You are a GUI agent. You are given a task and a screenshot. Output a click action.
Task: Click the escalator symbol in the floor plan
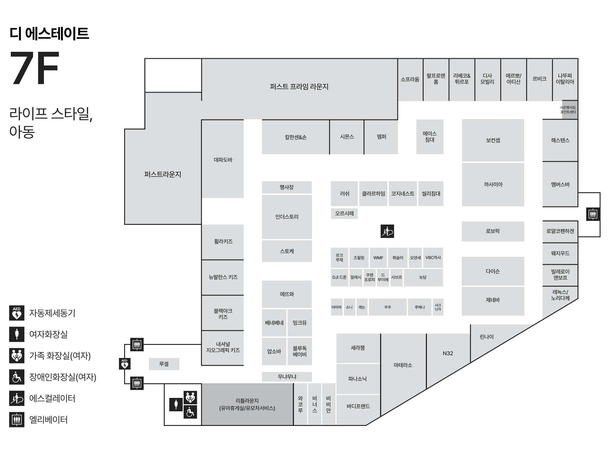(387, 231)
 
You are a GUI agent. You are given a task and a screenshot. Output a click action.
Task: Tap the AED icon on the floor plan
(124, 363)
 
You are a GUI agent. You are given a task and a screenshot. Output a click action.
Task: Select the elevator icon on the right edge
(593, 214)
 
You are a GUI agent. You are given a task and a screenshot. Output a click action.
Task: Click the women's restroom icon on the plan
(176, 404)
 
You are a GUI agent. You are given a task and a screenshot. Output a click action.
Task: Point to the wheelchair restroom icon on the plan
(190, 412)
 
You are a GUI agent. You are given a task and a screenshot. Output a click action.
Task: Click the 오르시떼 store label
(344, 213)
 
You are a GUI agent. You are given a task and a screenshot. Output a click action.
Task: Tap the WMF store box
(378, 258)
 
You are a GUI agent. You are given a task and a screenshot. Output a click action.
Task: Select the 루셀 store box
(164, 364)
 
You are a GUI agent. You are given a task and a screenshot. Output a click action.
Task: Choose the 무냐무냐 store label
(287, 377)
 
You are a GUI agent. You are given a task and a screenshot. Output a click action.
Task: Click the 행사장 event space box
(287, 187)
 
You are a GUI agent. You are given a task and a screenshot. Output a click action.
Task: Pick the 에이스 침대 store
(430, 136)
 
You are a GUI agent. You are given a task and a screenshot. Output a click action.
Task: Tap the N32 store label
(448, 353)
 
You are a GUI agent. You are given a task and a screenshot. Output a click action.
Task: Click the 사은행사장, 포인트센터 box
(570, 110)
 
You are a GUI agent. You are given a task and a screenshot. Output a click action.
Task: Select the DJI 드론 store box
(339, 277)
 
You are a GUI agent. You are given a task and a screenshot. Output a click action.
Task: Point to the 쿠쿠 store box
(388, 307)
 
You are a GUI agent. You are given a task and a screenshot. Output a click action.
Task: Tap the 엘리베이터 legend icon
(17, 420)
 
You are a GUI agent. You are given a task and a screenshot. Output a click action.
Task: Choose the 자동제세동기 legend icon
(17, 313)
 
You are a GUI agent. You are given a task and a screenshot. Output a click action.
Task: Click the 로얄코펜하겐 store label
(560, 231)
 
